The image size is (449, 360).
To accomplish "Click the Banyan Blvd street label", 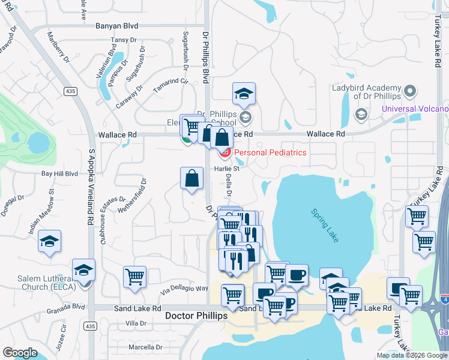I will (117, 26).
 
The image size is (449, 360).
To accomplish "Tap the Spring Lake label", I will (324, 225).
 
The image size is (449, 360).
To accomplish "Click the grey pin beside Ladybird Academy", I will (410, 91).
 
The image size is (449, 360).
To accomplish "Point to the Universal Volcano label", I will (415, 109).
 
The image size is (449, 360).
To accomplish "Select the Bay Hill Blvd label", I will (59, 173).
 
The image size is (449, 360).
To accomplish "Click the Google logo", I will (20, 352).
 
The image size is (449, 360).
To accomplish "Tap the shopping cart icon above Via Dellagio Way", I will (135, 277).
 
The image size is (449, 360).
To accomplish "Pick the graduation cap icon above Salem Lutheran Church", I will (84, 270).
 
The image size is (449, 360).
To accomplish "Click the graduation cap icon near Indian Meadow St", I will (49, 242).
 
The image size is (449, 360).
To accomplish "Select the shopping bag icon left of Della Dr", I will (191, 178).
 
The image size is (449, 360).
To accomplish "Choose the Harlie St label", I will (228, 169).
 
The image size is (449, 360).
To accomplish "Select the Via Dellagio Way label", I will (184, 289).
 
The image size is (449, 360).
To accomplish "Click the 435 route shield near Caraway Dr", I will (71, 91).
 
